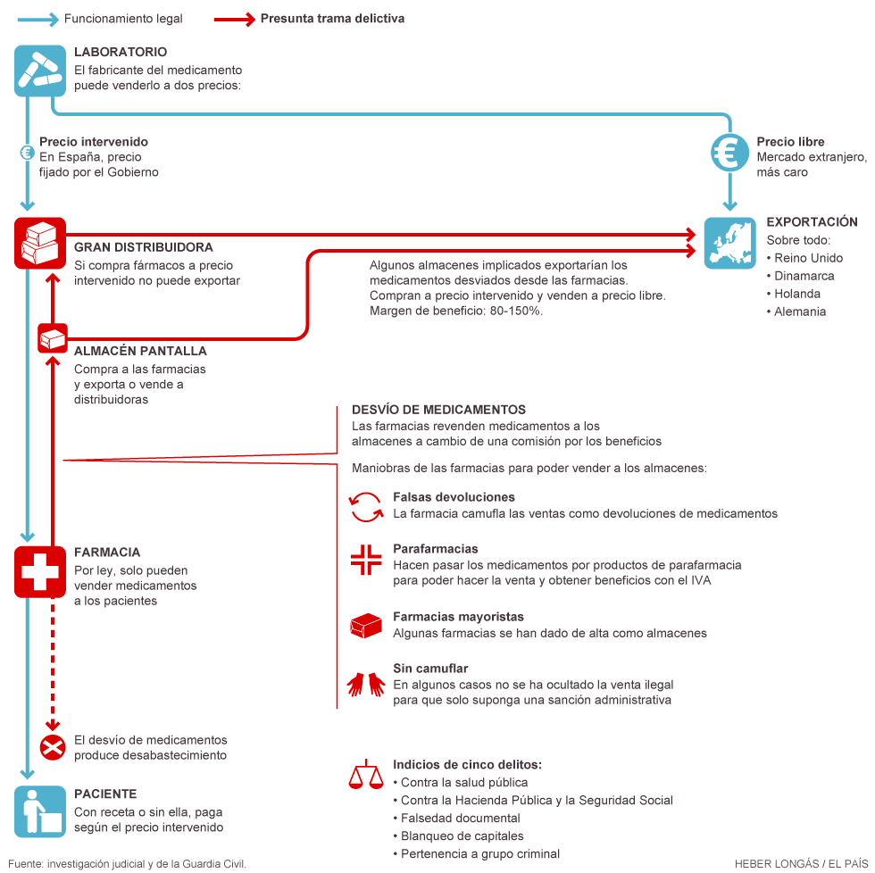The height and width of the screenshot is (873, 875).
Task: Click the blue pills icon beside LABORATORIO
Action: pos(40,71)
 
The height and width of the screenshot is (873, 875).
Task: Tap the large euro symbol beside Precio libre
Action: pos(730,153)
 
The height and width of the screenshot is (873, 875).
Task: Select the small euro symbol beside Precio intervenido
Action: pos(27,153)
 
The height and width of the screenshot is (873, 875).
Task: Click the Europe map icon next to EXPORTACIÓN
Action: pos(730,243)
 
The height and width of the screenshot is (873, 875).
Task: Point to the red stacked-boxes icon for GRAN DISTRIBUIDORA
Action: pos(40,243)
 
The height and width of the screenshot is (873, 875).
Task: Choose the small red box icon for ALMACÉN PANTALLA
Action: pos(53,338)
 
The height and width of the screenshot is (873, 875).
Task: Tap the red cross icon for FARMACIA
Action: pos(40,572)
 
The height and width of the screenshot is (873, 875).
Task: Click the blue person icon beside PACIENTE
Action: pos(40,811)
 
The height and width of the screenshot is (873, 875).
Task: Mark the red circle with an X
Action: pos(53,747)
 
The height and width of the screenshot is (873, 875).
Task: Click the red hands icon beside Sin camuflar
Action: pos(366,684)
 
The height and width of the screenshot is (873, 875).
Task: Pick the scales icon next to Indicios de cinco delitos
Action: pos(366,774)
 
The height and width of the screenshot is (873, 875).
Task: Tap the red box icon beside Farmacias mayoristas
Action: pos(366,626)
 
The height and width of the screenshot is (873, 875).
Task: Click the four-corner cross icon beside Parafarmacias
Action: pos(366,560)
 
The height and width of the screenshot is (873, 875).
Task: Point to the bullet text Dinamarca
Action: pos(804,276)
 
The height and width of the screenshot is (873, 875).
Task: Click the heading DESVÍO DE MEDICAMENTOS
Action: pos(438,410)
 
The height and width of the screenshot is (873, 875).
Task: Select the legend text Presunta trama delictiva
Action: pos(332,19)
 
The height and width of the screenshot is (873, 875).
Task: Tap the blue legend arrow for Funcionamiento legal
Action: pos(37,20)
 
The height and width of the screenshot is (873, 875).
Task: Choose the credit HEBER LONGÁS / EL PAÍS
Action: pos(802,863)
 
